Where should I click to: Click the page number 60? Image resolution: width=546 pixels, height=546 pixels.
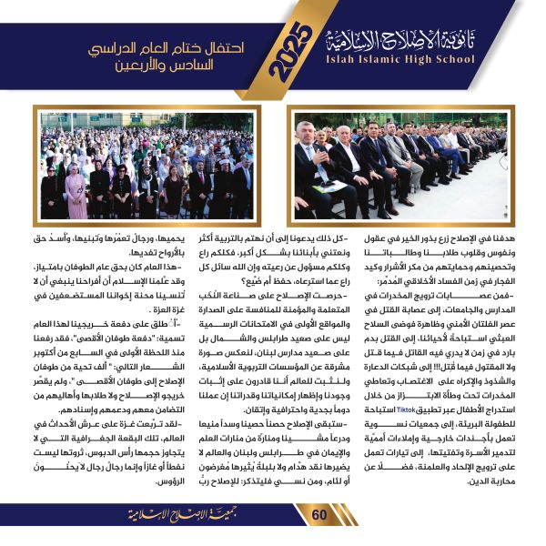point(319,516)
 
